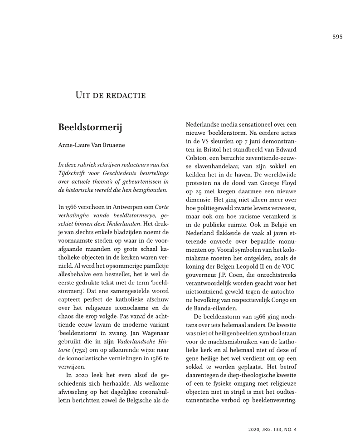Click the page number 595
point(337,37)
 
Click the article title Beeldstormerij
point(90,127)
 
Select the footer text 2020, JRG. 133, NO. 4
point(272,429)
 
